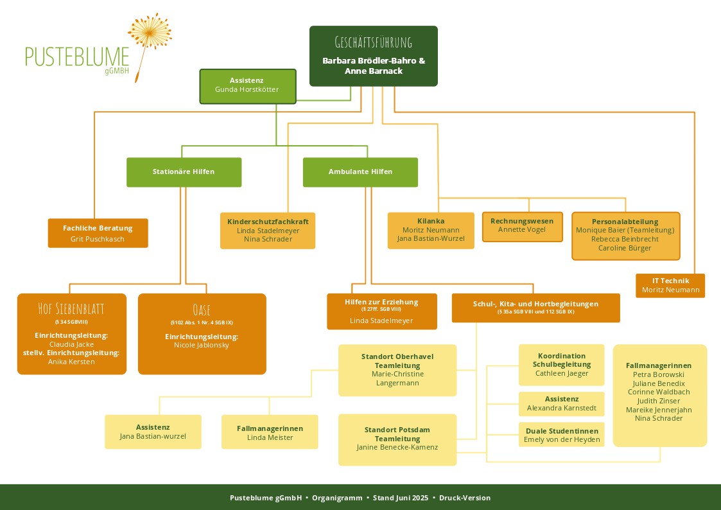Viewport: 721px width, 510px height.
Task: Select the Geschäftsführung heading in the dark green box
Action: [x=373, y=43]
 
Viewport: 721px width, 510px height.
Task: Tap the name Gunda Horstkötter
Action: [x=247, y=90]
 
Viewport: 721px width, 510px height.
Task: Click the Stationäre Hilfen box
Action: [x=184, y=172]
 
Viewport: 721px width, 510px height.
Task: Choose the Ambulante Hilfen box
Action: [x=360, y=172]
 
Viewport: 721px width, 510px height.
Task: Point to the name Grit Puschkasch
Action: [x=98, y=239]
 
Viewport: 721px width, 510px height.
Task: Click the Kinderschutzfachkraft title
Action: [x=268, y=221]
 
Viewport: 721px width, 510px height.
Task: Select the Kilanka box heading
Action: [x=431, y=221]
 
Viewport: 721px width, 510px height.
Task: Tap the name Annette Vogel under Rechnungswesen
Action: [x=522, y=230]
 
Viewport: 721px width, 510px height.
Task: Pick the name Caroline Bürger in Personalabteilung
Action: [x=625, y=248]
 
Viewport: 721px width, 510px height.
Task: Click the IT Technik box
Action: [x=670, y=285]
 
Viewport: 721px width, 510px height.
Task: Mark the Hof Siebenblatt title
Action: [x=71, y=308]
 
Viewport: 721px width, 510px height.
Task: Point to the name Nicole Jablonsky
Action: [x=202, y=346]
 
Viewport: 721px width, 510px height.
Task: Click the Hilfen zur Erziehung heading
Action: [x=381, y=302]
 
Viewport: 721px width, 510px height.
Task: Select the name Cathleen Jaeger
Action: [x=562, y=373]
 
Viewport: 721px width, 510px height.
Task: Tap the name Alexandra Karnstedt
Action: [x=562, y=408]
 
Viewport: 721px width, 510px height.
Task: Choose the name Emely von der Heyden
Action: [x=562, y=440]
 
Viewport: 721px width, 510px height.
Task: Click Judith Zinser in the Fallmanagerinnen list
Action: [x=659, y=401]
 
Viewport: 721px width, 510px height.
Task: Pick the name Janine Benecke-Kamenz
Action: [x=397, y=447]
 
